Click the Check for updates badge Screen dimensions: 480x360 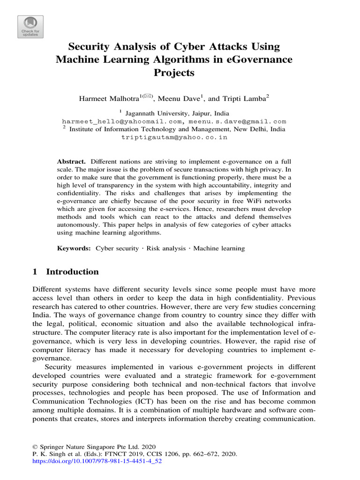30,27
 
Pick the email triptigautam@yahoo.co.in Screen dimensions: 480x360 174,137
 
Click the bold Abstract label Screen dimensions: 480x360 70,160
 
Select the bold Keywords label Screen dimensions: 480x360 74,248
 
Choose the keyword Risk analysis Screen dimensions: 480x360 166,248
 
